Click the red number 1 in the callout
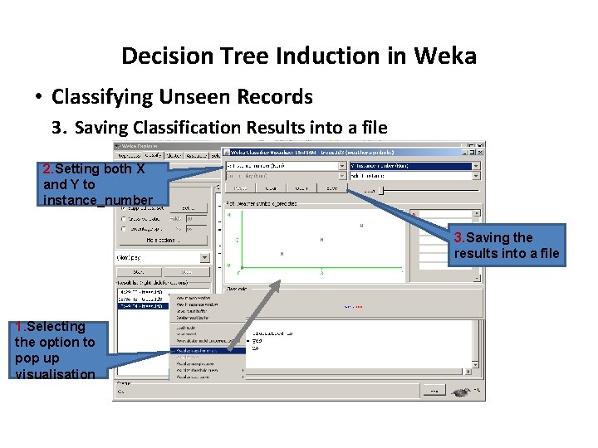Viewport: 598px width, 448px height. tap(19, 327)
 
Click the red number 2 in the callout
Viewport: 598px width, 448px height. tap(47, 168)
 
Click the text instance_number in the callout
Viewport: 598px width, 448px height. tap(98, 200)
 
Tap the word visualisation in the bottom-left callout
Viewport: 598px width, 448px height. tap(55, 374)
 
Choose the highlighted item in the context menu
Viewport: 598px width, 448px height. tap(207, 350)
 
